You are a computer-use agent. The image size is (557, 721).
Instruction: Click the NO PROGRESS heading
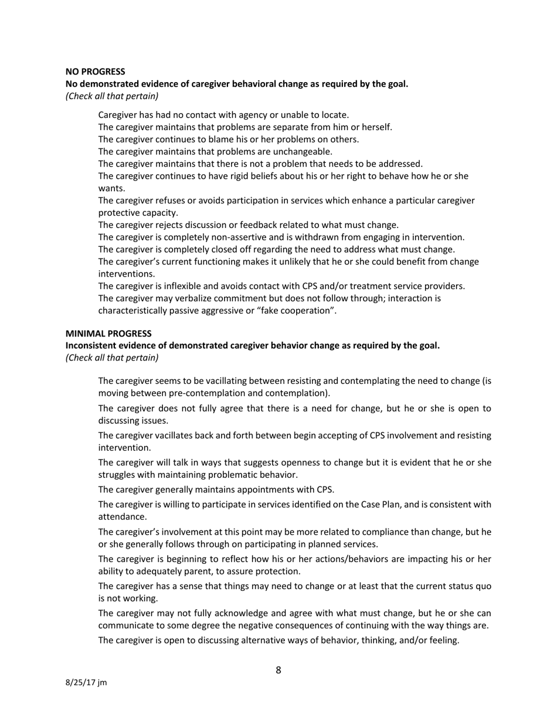[x=95, y=72]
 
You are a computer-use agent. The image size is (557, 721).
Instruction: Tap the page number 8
[x=278, y=670]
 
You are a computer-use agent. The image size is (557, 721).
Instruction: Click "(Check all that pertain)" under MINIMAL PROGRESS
[x=111, y=358]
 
